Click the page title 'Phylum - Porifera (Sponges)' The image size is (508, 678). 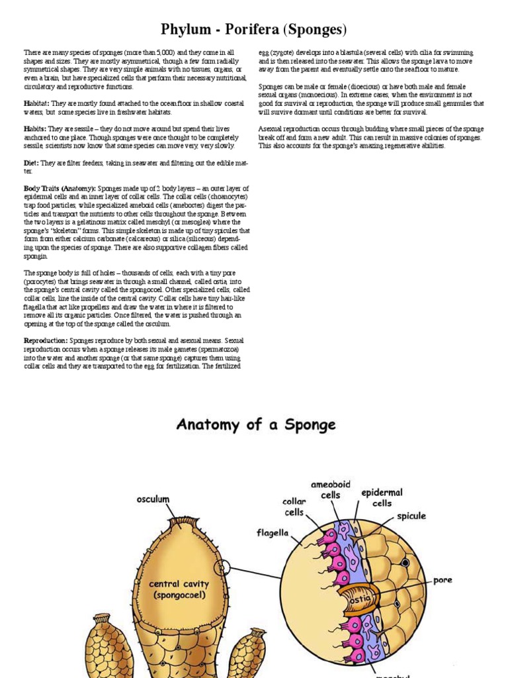(254, 30)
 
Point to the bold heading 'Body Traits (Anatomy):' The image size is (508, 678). (60, 189)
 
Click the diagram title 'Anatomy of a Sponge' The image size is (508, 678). (256, 424)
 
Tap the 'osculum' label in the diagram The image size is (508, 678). (153, 499)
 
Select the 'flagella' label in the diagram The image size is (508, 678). (273, 532)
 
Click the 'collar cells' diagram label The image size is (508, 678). (294, 507)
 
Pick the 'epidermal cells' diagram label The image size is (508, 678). (382, 498)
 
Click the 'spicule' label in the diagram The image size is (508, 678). (411, 515)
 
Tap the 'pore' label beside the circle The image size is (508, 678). (443, 580)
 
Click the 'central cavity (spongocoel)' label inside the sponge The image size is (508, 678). (179, 589)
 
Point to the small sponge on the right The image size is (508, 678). (247, 652)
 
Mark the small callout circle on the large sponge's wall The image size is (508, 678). (223, 567)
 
